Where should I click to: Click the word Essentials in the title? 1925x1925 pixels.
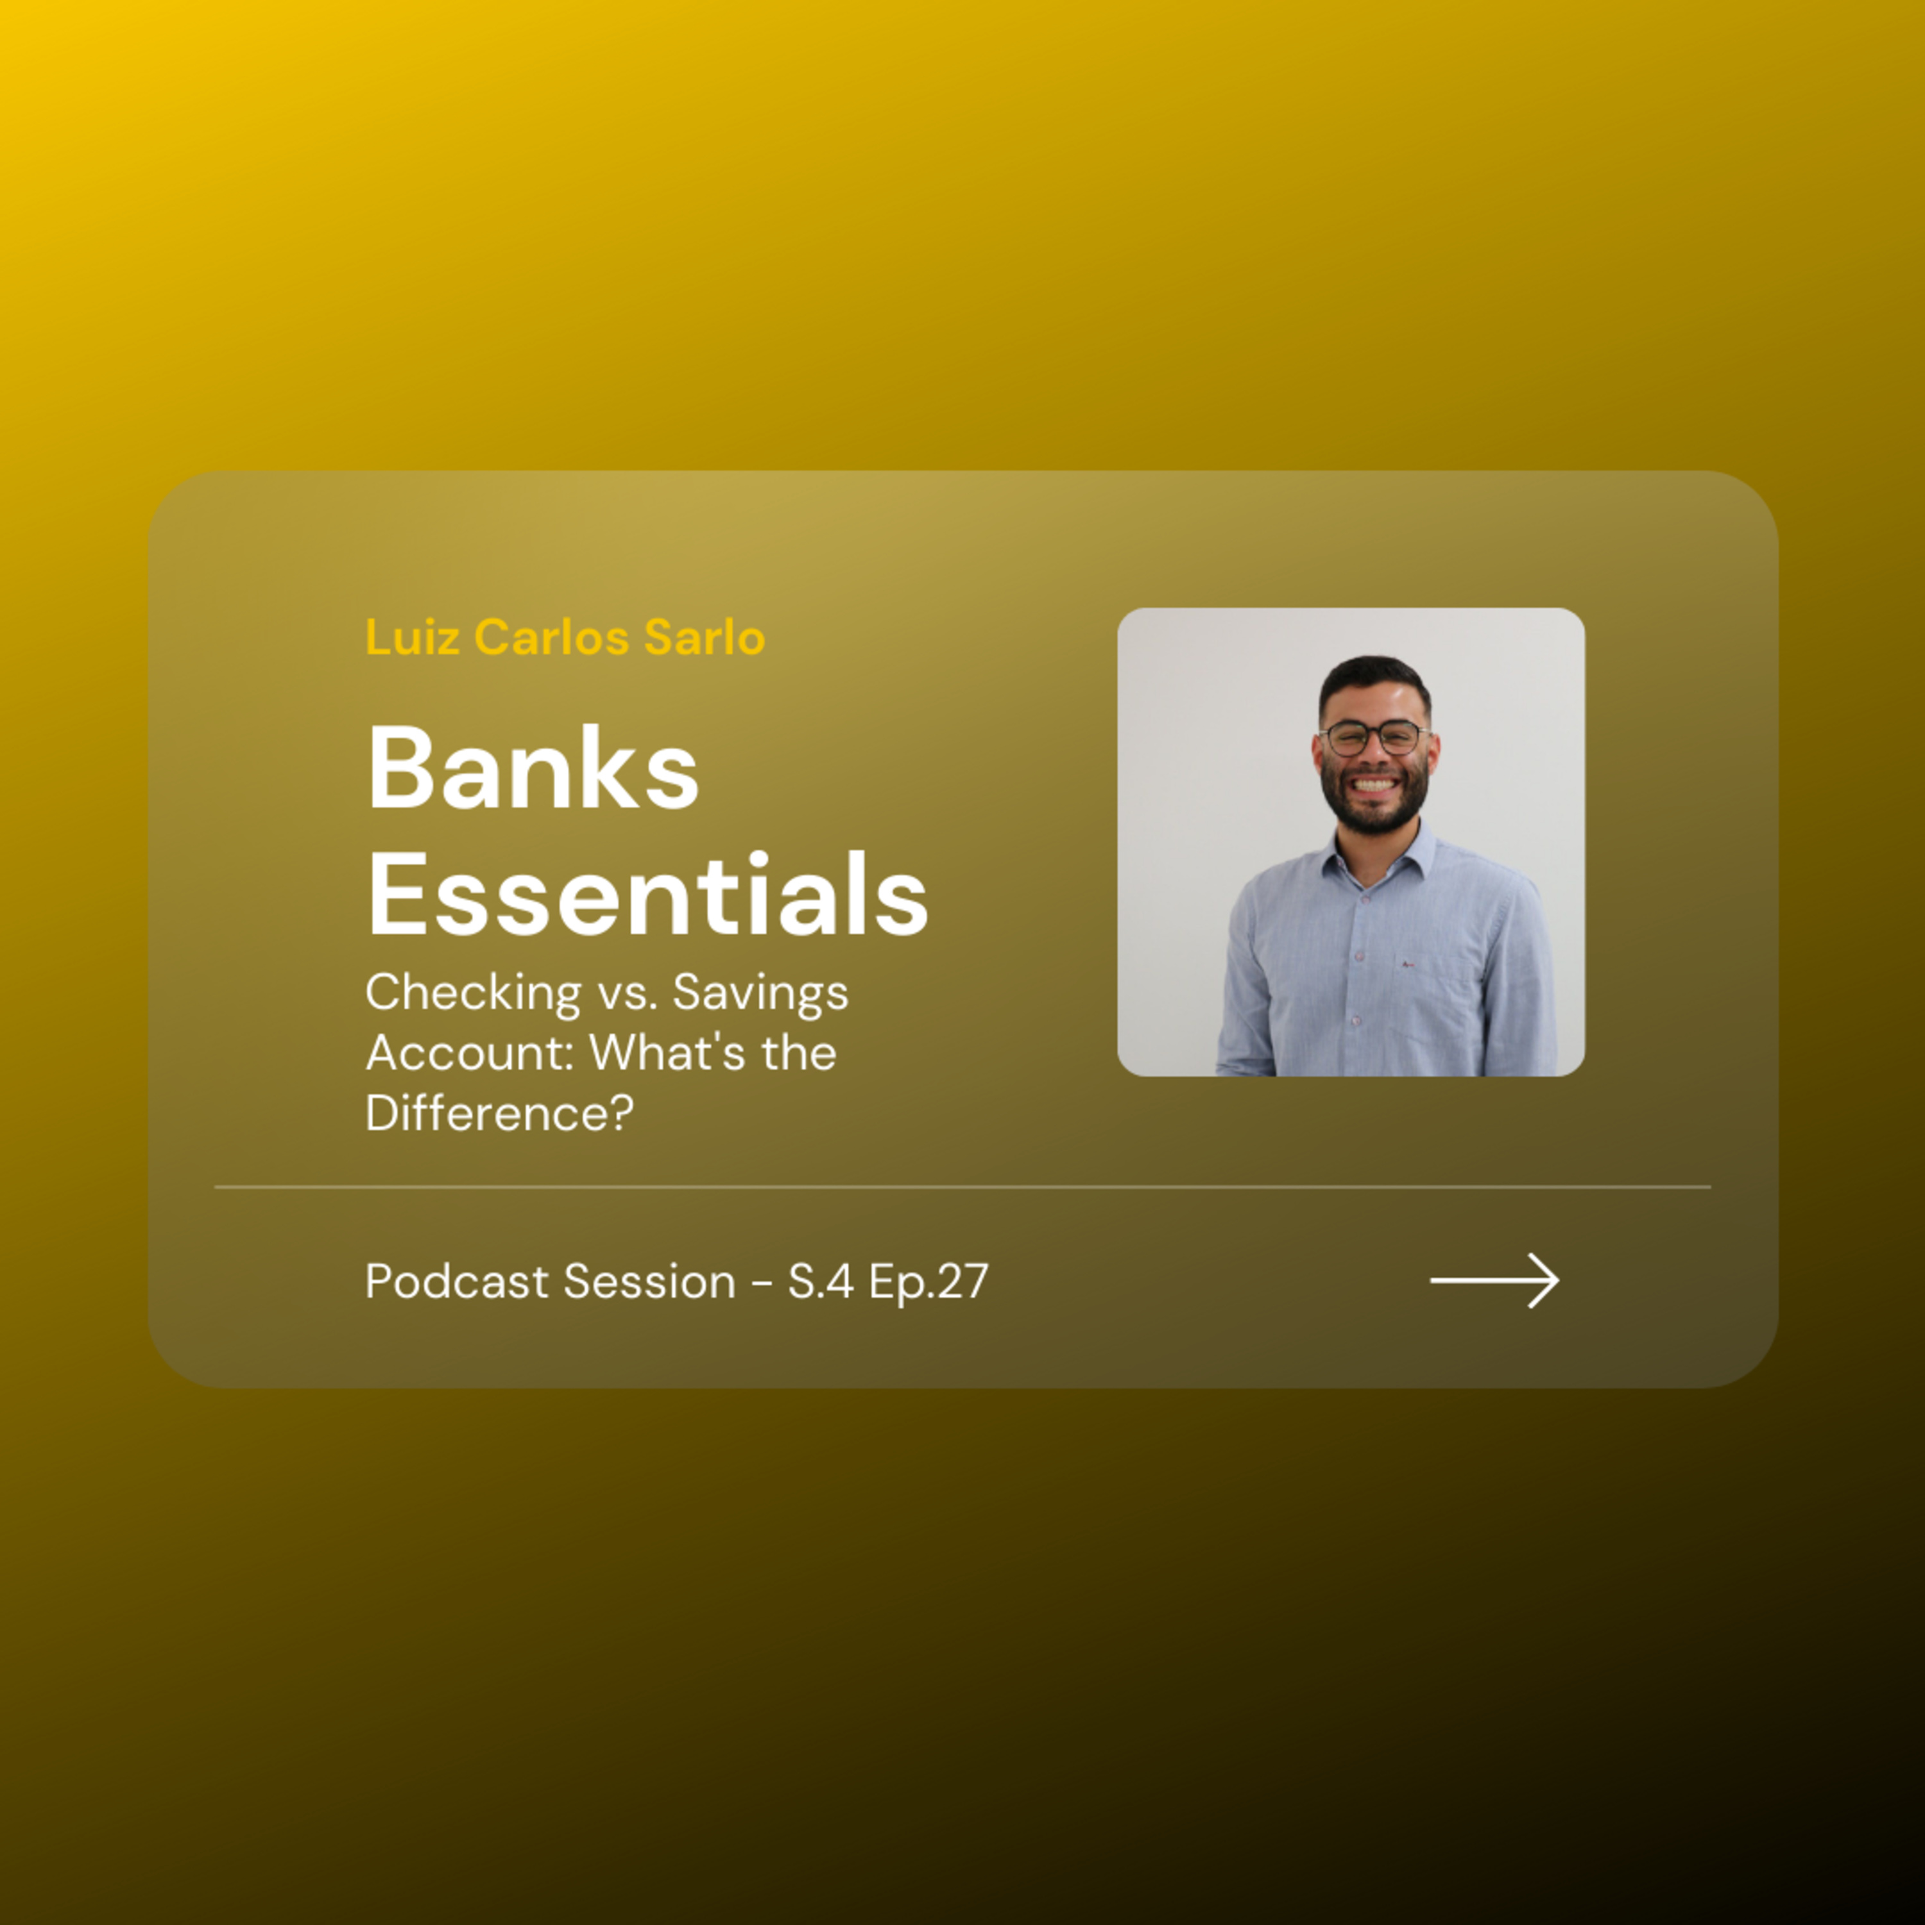(647, 894)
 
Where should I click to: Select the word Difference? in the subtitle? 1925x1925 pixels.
(499, 1113)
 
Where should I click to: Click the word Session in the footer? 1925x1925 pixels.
(649, 1281)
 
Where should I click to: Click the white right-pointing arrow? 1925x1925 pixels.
(1494, 1280)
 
